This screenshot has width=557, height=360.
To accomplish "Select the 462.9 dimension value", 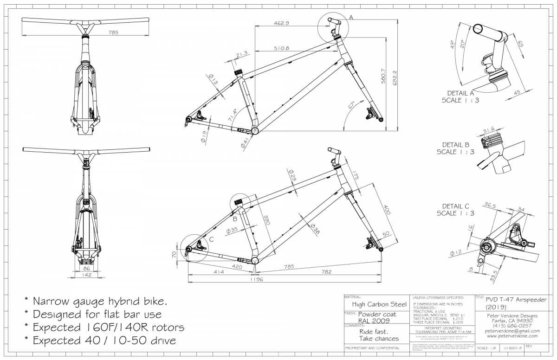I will pos(281,23).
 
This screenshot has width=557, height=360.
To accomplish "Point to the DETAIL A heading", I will pos(460,92).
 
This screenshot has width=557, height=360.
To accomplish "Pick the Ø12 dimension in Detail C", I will pos(456,253).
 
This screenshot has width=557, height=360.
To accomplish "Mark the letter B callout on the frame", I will pos(235,218).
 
